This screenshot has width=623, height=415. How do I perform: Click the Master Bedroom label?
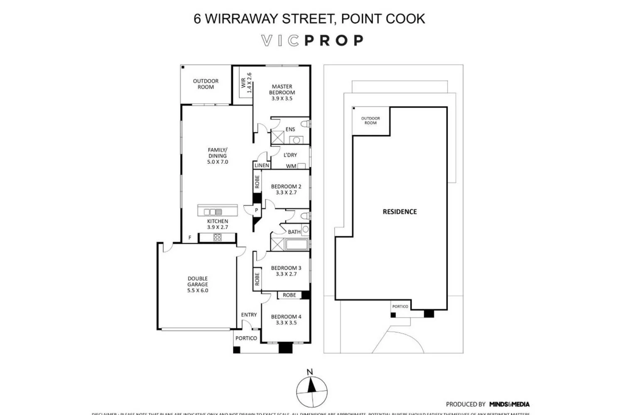pos(282,93)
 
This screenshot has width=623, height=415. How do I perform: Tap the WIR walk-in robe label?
pos(246,83)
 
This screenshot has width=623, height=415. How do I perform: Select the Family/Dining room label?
pos(218,156)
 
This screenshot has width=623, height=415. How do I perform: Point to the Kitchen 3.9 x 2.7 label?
pos(218,224)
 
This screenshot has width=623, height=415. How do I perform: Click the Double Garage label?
pos(198,284)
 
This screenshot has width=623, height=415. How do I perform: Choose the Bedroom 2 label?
pos(286,189)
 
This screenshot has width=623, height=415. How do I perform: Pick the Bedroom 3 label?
pos(286,271)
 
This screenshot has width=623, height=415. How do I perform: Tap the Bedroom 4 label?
pos(286,320)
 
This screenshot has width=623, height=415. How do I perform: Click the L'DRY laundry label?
pos(290,155)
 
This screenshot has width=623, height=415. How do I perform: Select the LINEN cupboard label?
pos(262,165)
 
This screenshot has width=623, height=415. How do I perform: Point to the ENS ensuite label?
pos(290,129)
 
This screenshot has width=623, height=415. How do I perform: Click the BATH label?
pos(294,232)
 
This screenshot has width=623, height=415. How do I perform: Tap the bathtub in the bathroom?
pos(297,244)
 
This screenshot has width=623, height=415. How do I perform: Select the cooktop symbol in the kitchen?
pos(217,237)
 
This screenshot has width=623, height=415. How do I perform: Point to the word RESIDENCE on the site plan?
pos(400,212)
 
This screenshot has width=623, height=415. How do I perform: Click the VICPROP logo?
pos(312,40)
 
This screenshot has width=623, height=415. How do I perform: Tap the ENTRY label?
pos(249,315)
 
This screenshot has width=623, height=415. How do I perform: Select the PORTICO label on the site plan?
pos(400,306)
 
